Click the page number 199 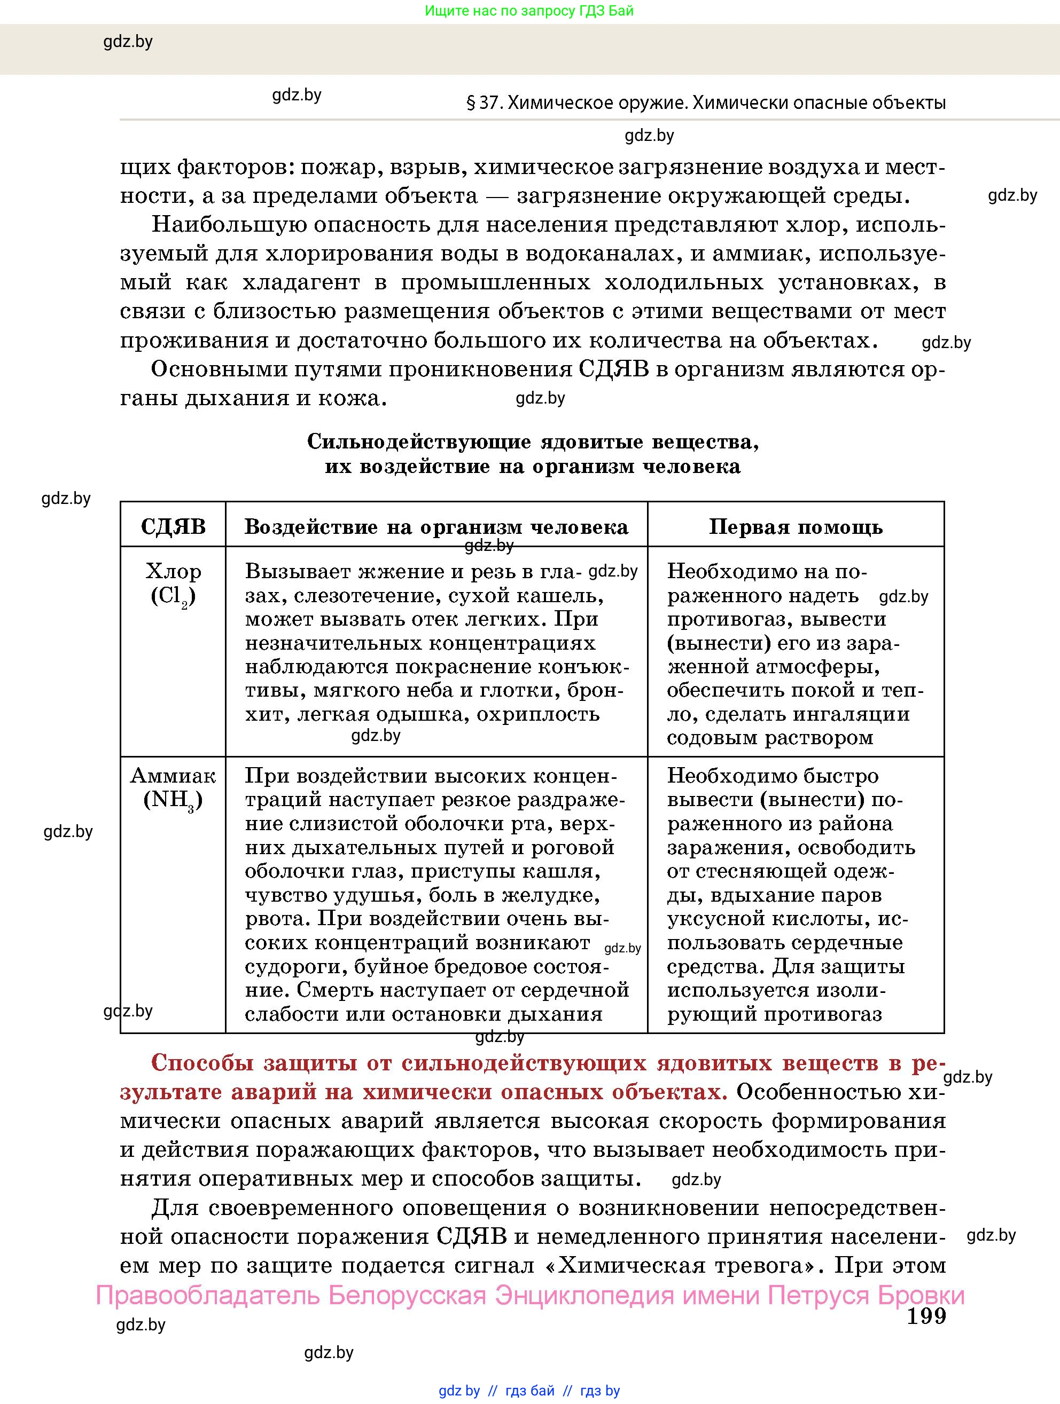[925, 1316]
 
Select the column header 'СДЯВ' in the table [173, 527]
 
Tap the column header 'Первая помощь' [795, 527]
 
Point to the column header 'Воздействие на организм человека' [437, 527]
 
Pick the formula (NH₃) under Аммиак [173, 800]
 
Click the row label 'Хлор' [173, 571]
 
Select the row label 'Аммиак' [173, 776]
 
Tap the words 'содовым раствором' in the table [770, 738]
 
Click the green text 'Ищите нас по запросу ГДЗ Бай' [528, 11]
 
